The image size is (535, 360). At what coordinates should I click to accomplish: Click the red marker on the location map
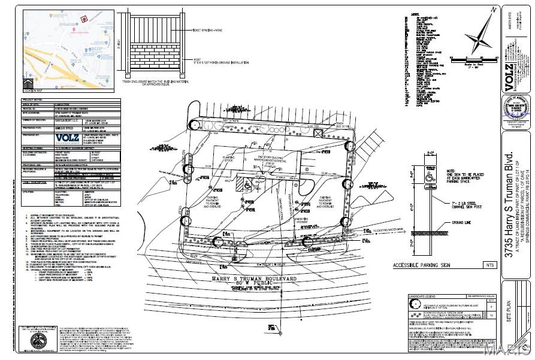(84, 19)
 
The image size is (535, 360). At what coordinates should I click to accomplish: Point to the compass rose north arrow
(480, 35)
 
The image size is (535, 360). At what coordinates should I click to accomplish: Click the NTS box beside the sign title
(491, 265)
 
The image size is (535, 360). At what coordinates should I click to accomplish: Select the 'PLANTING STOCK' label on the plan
(216, 161)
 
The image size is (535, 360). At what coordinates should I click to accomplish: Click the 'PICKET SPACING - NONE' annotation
(207, 29)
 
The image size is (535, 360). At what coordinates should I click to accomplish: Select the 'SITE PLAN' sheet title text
(510, 310)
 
